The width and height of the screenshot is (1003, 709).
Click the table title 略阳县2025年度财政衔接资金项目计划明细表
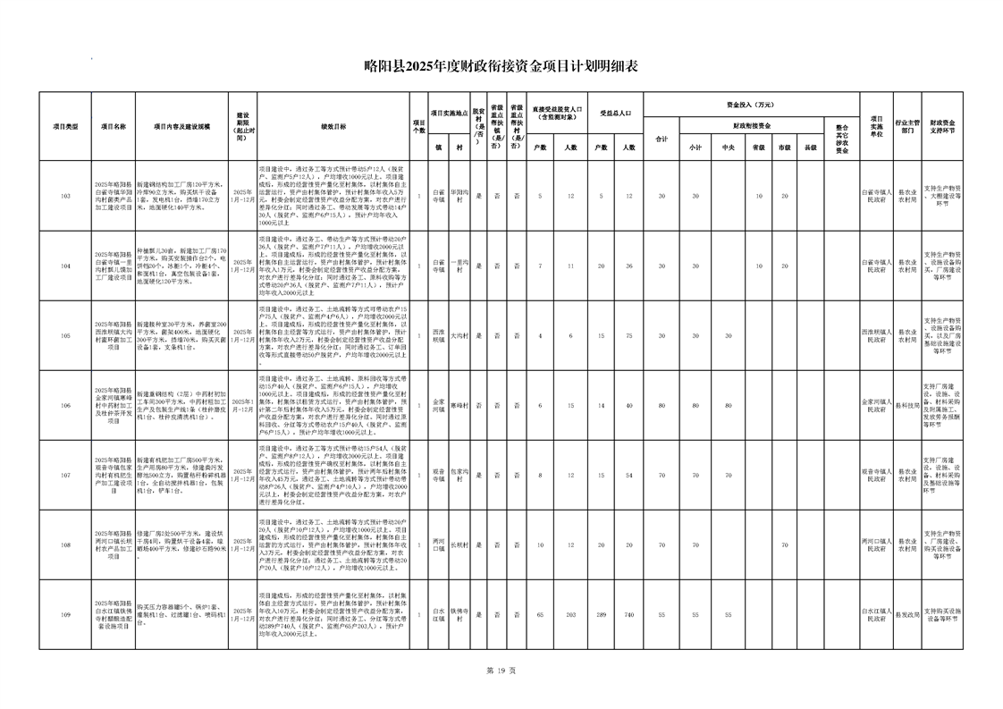click(501, 65)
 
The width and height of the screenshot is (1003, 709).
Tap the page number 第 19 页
click(501, 670)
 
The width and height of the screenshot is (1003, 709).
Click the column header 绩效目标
click(333, 127)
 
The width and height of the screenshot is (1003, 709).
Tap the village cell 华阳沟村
click(458, 196)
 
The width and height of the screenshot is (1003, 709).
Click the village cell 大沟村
click(458, 335)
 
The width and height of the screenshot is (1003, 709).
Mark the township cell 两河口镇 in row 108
click(438, 544)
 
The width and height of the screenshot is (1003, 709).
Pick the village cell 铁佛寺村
click(458, 614)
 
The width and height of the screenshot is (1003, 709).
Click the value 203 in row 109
click(571, 614)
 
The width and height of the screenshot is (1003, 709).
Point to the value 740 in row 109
click(629, 614)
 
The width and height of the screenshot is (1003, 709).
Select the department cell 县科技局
click(907, 405)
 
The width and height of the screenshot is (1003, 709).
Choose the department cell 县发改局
click(907, 614)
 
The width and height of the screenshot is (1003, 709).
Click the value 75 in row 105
click(629, 335)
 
